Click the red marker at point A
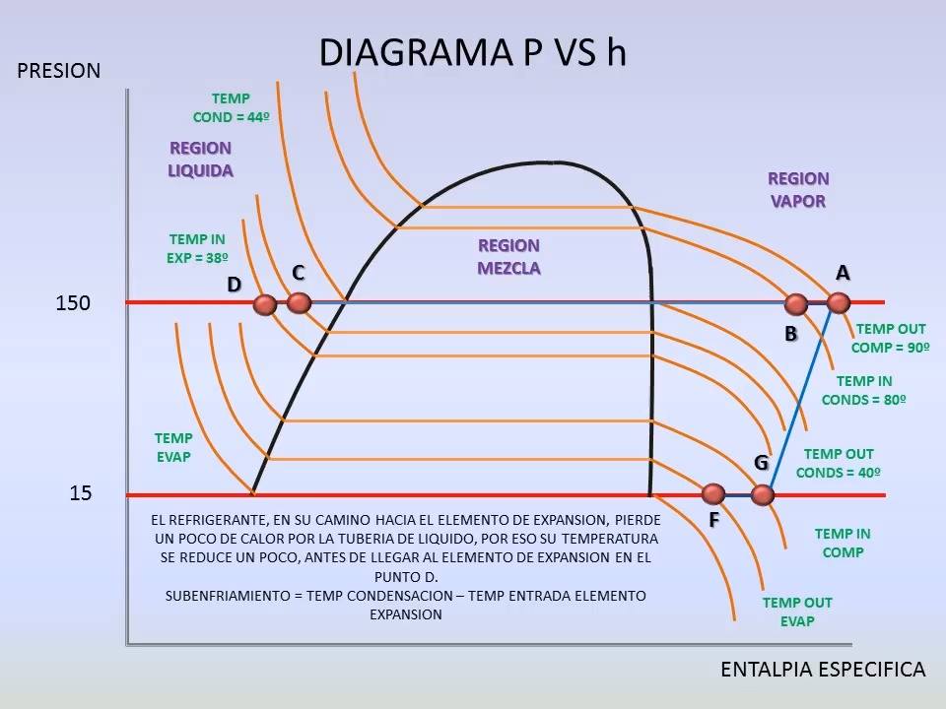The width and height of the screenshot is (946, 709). coord(838,302)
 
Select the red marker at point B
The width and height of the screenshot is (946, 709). coord(796,304)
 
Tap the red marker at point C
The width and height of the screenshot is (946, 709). coord(299,302)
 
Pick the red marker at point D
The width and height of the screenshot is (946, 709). coord(264,304)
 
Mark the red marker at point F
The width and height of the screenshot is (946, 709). coord(713,494)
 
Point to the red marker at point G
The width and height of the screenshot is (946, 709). coord(763,495)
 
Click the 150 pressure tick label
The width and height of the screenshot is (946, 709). coord(73,302)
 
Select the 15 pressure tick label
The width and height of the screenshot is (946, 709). coord(80,493)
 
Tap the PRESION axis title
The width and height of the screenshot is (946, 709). coord(58,71)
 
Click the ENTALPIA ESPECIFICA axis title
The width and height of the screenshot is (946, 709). coord(823,670)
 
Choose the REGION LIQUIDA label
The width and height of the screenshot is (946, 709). coord(200,160)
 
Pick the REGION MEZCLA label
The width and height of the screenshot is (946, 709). coord(508,257)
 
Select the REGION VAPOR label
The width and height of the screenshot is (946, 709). coord(798,190)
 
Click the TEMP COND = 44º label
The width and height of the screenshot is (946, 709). coord(231,108)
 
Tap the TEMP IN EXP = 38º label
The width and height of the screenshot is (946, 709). coord(197,248)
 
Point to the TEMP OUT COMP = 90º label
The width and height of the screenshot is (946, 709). coord(891,338)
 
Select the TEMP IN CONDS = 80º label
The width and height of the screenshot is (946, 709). coord(864,391)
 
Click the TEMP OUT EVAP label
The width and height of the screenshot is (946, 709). coord(797,612)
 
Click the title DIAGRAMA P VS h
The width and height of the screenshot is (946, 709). coord(472,52)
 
